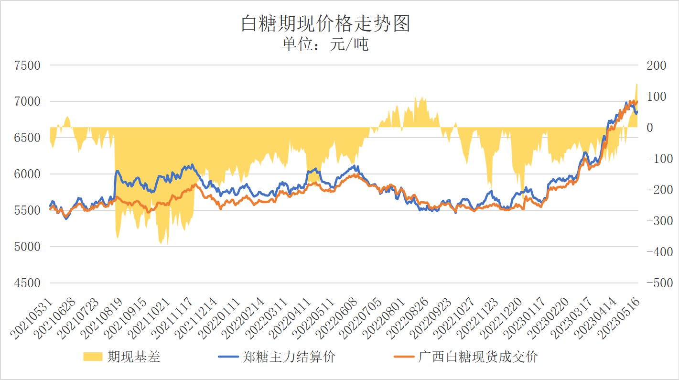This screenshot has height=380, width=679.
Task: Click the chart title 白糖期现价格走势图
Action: [x=325, y=23]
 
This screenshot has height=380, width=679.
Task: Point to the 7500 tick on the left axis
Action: [x=28, y=65]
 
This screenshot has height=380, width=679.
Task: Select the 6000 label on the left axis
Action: [x=28, y=174]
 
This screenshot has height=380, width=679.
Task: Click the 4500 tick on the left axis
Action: [x=28, y=283]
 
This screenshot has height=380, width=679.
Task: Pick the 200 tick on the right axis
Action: [x=656, y=65]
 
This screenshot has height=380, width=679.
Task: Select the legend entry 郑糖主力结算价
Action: [x=289, y=357]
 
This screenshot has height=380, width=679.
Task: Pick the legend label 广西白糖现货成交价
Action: [x=478, y=357]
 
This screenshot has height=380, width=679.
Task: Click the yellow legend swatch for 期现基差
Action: [x=93, y=357]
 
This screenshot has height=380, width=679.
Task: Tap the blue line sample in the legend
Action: [x=228, y=357]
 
